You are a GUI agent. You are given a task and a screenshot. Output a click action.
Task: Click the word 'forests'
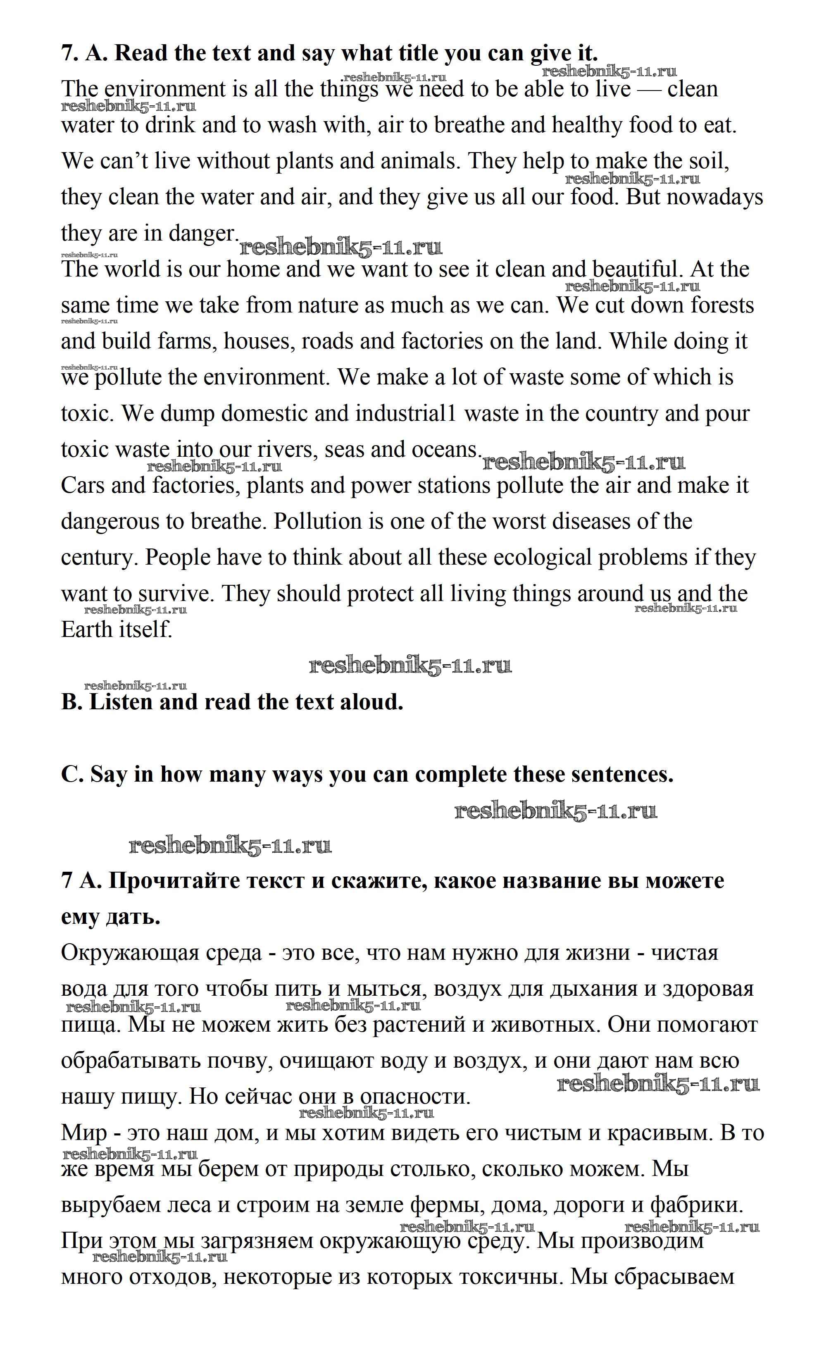click(x=722, y=305)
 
